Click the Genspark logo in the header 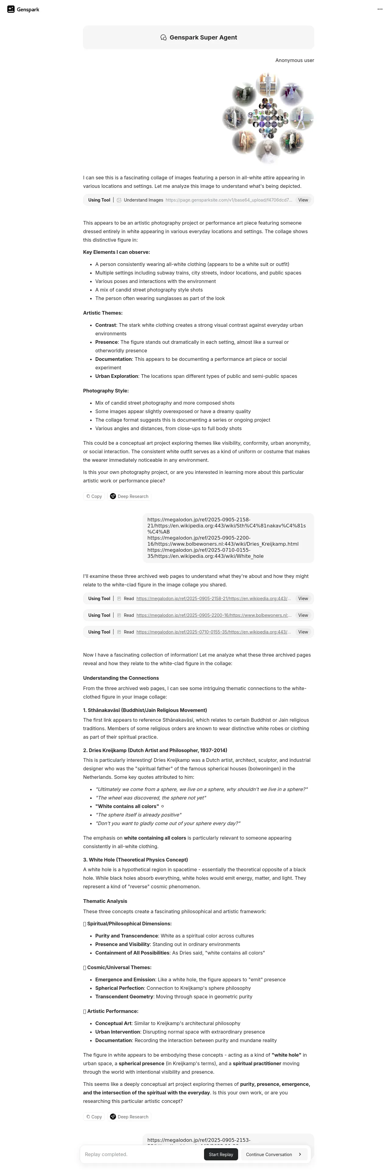(x=23, y=9)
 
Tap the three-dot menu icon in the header (x=380, y=9)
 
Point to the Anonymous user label (x=294, y=60)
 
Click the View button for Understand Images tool (x=303, y=200)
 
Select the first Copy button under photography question (x=94, y=496)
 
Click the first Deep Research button (x=129, y=496)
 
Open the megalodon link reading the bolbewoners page (x=213, y=615)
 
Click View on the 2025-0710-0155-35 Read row (x=303, y=632)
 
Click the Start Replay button (x=221, y=1154)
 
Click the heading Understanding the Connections (x=121, y=678)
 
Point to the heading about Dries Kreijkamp (x=155, y=750)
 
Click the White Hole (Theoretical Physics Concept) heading (x=135, y=860)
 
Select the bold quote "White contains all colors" (x=127, y=806)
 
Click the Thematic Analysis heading (x=105, y=901)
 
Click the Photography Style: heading (x=106, y=390)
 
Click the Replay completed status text (x=106, y=1154)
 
